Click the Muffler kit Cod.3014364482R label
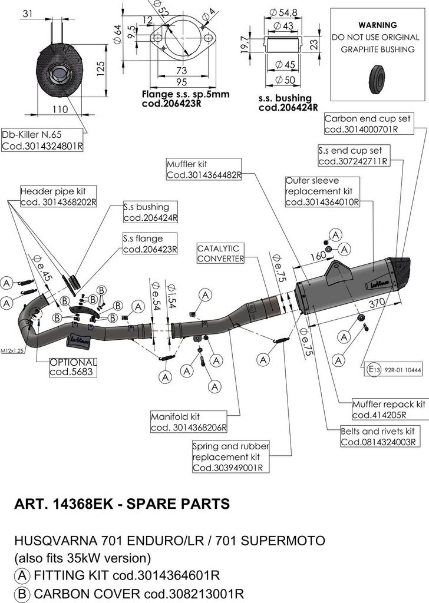(204, 170)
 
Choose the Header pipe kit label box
(57, 196)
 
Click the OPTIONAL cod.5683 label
(73, 367)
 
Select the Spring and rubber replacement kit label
(230, 457)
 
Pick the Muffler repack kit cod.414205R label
(388, 409)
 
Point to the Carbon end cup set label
(367, 124)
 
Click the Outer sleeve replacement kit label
(321, 191)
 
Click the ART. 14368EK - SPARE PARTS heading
(121, 504)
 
